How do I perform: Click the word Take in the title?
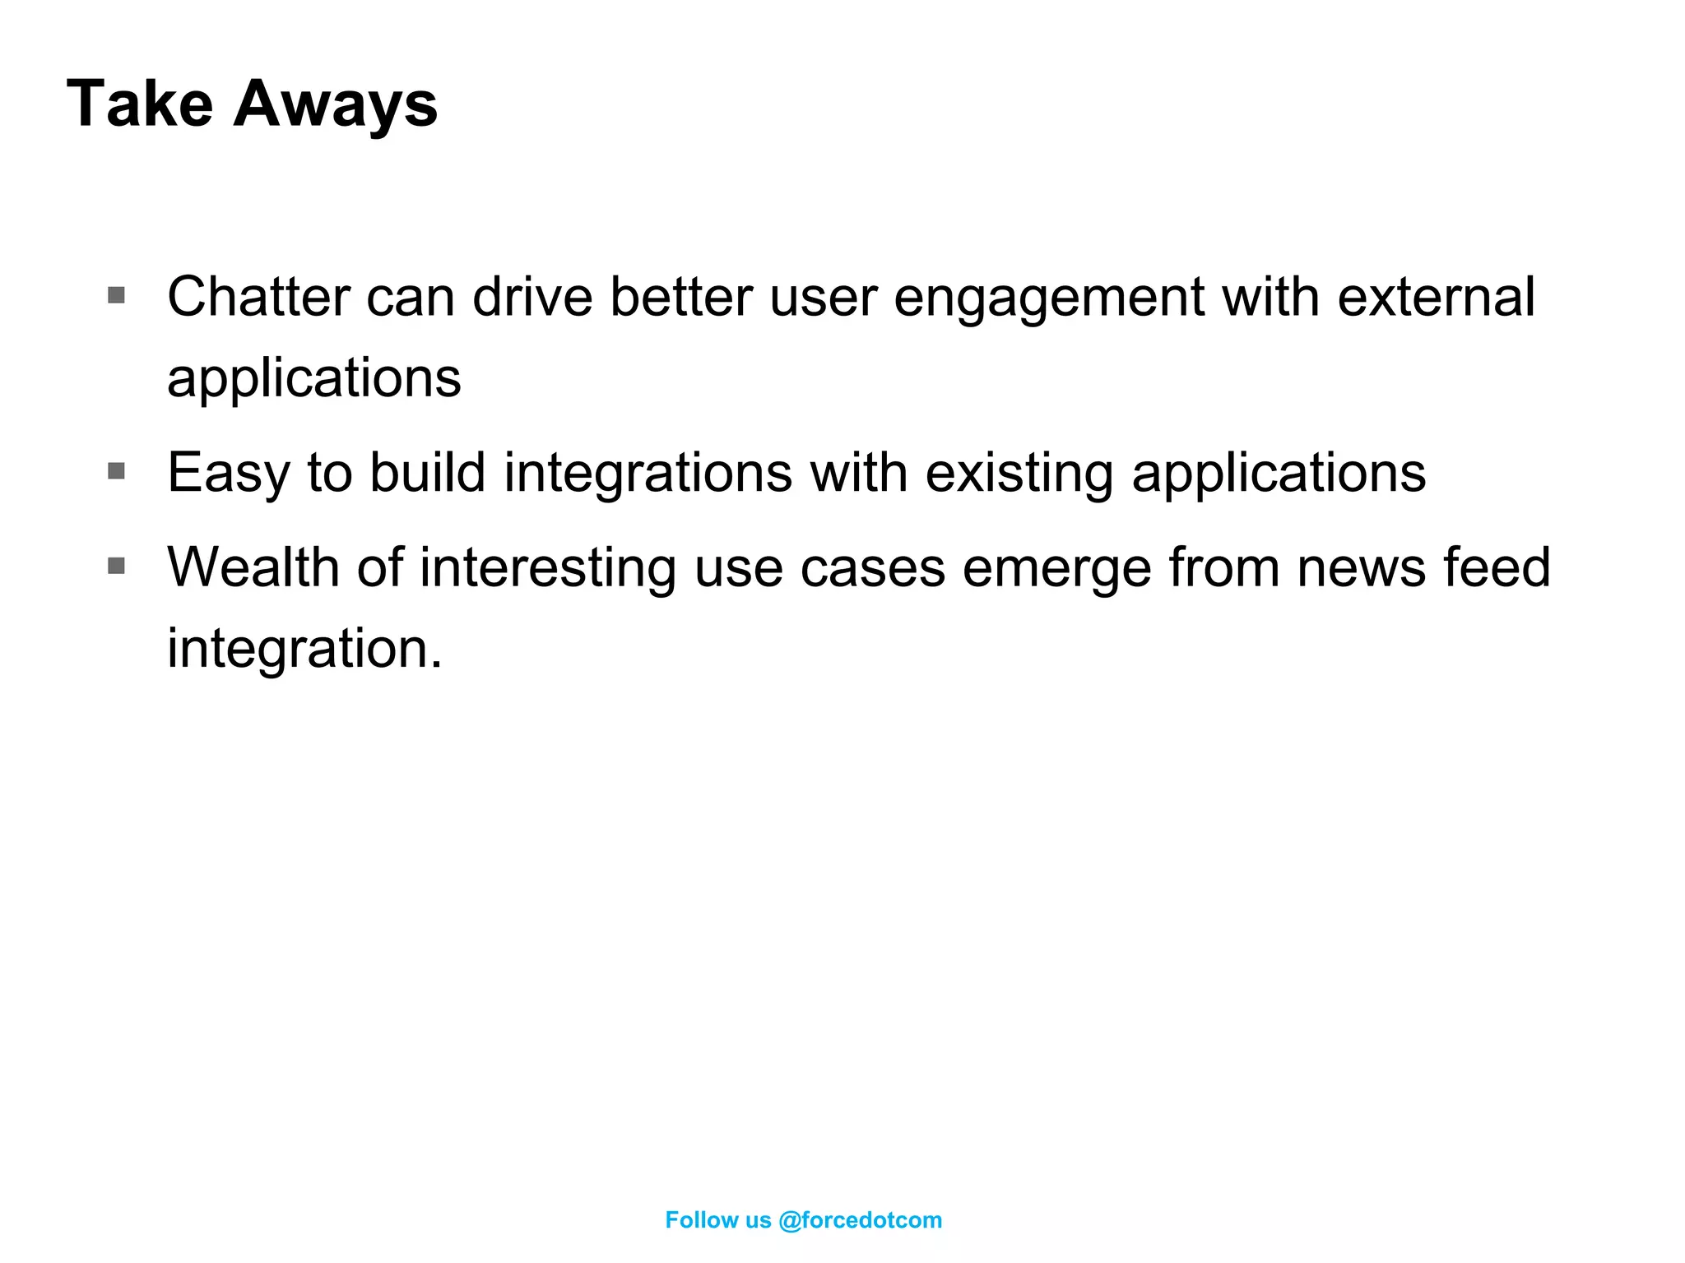(140, 104)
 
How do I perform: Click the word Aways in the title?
(335, 105)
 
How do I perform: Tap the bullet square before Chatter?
(117, 295)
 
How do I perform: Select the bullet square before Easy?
(117, 471)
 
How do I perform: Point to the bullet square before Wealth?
(117, 566)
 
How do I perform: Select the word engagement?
(1048, 298)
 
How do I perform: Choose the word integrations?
(648, 474)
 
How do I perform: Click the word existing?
(1019, 474)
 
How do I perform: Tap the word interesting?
(548, 567)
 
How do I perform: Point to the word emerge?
(1056, 569)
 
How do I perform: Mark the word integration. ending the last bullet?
(304, 649)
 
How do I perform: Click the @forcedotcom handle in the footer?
(860, 1220)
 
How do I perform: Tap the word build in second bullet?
(427, 474)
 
